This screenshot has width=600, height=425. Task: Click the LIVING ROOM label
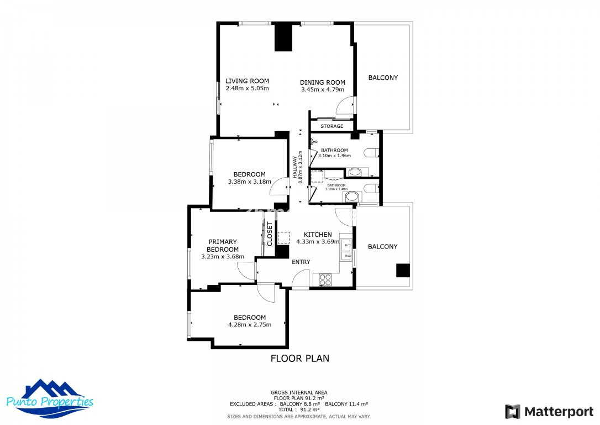pyautogui.click(x=247, y=81)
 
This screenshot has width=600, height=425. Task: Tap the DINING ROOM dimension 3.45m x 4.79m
pyautogui.click(x=323, y=90)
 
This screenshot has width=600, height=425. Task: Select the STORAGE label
pyautogui.click(x=331, y=126)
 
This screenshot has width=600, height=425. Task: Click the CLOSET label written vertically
pyautogui.click(x=270, y=234)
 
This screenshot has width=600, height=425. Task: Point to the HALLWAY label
pyautogui.click(x=294, y=167)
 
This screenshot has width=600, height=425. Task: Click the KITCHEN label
pyautogui.click(x=318, y=235)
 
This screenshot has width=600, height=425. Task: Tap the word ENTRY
pyautogui.click(x=301, y=262)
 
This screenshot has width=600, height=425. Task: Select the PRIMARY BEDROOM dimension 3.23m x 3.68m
pyautogui.click(x=223, y=257)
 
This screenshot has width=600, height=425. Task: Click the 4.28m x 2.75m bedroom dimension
pyautogui.click(x=250, y=325)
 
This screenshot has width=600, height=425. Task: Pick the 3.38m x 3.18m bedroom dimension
pyautogui.click(x=250, y=182)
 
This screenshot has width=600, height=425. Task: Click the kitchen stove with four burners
pyautogui.click(x=325, y=279)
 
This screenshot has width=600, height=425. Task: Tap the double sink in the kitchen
pyautogui.click(x=346, y=250)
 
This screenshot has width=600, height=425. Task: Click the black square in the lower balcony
pyautogui.click(x=403, y=270)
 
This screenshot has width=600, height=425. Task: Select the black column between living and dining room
pyautogui.click(x=283, y=37)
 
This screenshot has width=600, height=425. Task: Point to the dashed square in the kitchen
pyautogui.click(x=283, y=237)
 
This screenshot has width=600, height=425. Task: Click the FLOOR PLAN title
pyautogui.click(x=300, y=359)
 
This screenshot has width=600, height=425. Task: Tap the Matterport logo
pyautogui.click(x=549, y=412)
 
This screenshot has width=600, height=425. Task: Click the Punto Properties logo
pyautogui.click(x=50, y=399)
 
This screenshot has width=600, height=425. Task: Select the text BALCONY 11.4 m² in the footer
pyautogui.click(x=346, y=404)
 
